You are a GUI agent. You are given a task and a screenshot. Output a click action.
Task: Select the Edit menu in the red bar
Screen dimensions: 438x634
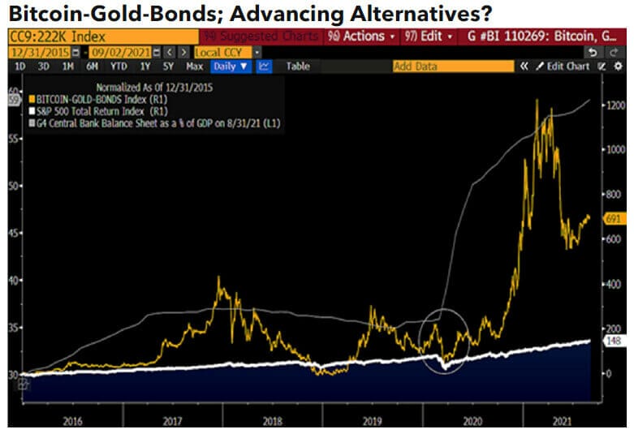click(425, 36)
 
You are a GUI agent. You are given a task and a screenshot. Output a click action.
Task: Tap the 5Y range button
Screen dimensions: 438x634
click(169, 67)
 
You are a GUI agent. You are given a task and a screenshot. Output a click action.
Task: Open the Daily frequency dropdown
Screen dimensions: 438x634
click(231, 67)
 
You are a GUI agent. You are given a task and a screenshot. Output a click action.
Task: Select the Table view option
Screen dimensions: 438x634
click(298, 67)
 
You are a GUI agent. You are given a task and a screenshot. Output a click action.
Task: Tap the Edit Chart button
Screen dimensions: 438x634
click(562, 67)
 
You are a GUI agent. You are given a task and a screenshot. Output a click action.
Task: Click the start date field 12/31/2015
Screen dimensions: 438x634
click(33, 52)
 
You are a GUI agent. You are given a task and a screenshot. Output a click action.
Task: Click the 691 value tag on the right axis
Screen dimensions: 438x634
click(613, 219)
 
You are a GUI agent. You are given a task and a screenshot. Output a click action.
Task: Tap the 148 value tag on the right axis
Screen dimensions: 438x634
click(614, 341)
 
